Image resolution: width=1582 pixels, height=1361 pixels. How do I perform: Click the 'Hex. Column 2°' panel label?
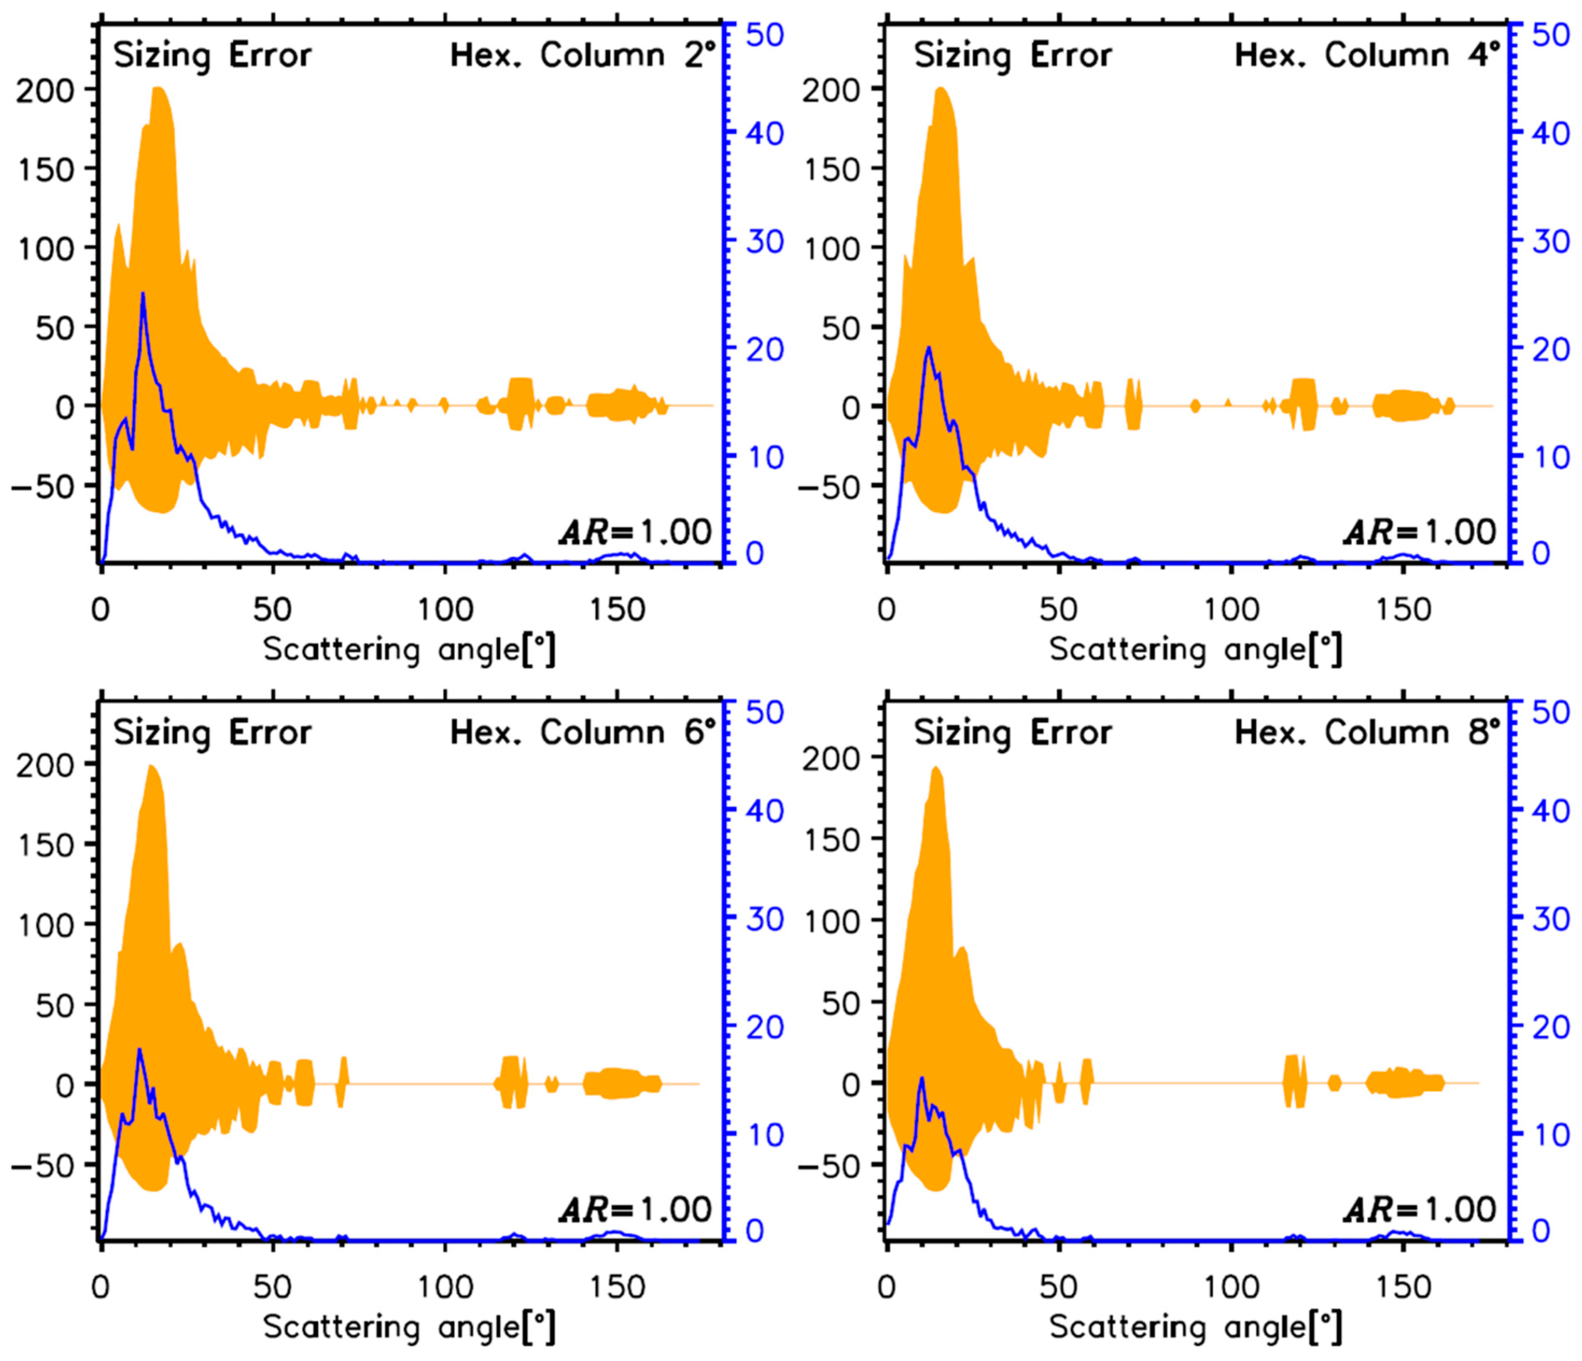click(x=584, y=56)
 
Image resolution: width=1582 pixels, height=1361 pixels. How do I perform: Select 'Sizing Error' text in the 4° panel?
click(x=1013, y=56)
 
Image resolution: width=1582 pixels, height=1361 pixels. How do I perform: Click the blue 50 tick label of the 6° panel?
click(x=764, y=712)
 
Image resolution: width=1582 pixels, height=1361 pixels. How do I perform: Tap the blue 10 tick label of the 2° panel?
click(x=764, y=457)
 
